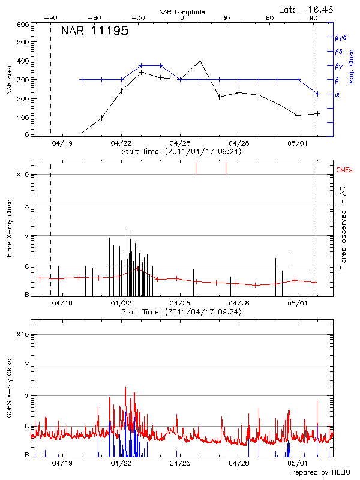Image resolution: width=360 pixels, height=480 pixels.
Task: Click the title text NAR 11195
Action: click(x=95, y=31)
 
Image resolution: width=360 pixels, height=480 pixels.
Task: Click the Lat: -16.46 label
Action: click(x=307, y=9)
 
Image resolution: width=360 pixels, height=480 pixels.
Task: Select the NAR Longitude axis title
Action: click(x=182, y=11)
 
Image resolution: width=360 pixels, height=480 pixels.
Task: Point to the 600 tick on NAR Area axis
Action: click(x=23, y=25)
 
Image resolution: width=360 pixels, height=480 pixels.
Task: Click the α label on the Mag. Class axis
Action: click(x=337, y=94)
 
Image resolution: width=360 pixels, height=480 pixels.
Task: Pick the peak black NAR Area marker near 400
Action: click(x=200, y=61)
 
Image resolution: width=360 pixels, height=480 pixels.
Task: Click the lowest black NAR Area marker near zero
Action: click(x=82, y=133)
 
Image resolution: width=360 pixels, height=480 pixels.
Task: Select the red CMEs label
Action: click(x=344, y=170)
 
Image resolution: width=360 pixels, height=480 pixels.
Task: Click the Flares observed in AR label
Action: click(x=344, y=228)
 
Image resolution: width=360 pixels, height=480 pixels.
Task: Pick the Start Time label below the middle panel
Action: click(x=181, y=312)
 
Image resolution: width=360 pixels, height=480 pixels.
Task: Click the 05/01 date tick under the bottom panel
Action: click(x=298, y=463)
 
